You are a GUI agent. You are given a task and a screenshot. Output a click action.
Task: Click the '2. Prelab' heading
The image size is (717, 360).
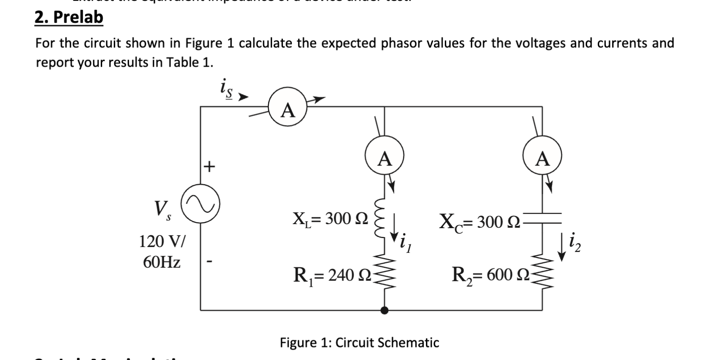coord(69,18)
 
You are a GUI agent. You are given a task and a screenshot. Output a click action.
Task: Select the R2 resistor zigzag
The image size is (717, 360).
coord(543,274)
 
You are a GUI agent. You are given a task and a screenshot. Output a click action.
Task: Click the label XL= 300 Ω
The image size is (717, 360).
coord(330,219)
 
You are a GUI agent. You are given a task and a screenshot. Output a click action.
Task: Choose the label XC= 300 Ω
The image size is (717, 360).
coord(480,221)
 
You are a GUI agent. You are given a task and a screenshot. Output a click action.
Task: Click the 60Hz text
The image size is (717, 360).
coord(162,262)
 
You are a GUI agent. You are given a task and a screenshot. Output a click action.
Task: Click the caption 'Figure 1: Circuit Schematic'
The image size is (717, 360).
coord(359,343)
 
